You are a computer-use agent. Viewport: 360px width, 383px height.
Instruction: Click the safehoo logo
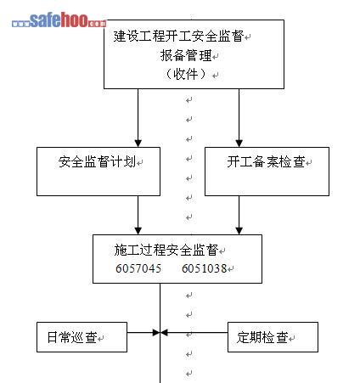pos(59,20)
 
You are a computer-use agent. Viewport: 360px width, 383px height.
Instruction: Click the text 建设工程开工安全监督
pos(179,37)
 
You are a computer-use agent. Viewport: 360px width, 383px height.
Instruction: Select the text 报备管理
pos(186,55)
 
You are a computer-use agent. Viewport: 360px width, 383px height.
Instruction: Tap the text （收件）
pos(186,74)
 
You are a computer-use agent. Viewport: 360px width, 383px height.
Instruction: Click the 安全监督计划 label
pos(97,162)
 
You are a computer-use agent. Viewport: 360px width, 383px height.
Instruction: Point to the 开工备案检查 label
pos(266,162)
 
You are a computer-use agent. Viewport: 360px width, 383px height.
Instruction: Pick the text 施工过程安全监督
pos(166,250)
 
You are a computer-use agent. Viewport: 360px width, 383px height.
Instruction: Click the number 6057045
pos(138,268)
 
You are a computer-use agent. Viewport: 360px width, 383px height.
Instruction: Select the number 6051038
pos(204,268)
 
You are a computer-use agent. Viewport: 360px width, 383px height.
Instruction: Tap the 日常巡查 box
pos(82,337)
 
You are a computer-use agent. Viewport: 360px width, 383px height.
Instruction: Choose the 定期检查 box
pos(273,337)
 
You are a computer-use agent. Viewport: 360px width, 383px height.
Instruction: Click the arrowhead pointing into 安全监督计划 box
pos(138,143)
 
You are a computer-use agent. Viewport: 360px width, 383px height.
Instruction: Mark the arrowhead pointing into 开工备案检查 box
pos(239,143)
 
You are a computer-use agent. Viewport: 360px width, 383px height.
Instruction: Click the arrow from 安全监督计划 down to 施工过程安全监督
pos(138,215)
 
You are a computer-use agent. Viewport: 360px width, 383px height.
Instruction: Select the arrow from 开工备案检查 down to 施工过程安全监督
pos(239,215)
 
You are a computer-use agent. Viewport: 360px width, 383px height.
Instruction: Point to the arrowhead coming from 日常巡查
pos(156,332)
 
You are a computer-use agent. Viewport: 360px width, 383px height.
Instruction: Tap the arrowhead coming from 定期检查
pos(164,332)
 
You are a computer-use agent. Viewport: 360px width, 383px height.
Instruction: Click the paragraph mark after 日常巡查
pos(101,338)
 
